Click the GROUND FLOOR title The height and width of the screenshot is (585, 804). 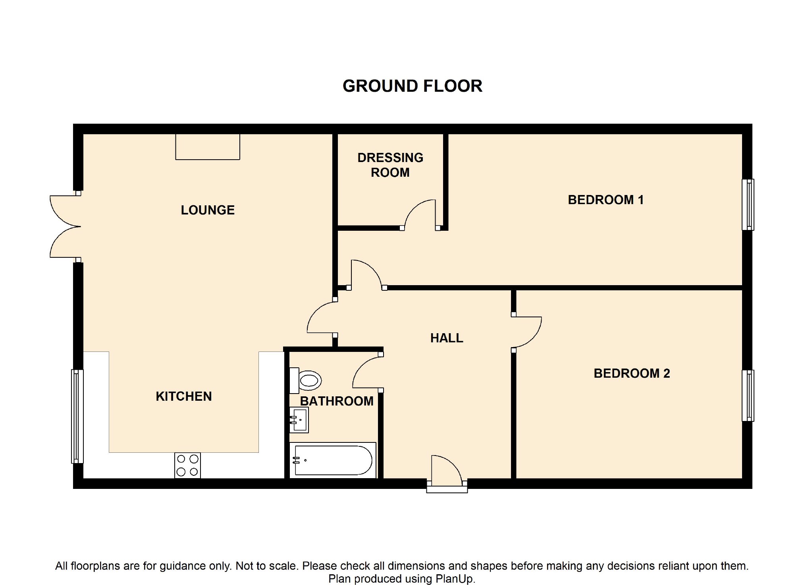tap(412, 86)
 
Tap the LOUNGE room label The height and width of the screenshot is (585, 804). tap(208, 210)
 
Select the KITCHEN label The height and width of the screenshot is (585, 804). tap(184, 396)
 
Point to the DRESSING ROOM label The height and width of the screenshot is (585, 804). tap(390, 165)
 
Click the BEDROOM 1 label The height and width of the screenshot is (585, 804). tap(605, 200)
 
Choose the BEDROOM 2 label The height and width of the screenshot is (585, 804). tap(632, 373)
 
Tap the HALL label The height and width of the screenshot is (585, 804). tap(447, 338)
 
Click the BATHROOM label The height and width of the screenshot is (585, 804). tap(337, 401)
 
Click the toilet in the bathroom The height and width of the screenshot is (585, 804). tap(305, 380)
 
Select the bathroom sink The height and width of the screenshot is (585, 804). tap(299, 420)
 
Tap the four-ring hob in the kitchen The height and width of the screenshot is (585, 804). tap(187, 465)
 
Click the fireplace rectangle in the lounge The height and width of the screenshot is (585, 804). tap(208, 147)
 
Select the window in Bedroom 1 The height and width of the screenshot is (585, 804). tap(748, 205)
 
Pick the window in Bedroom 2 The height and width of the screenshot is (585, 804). tap(748, 396)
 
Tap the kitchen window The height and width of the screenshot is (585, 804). tap(77, 416)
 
